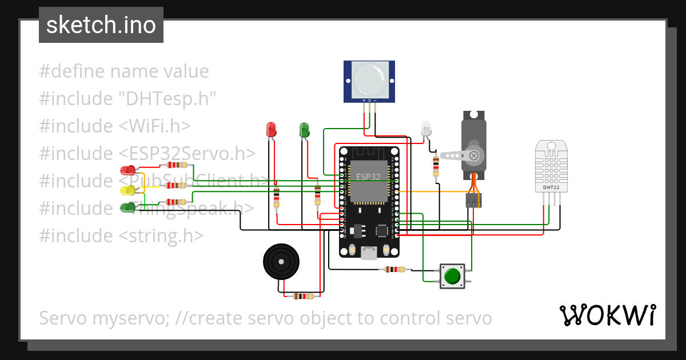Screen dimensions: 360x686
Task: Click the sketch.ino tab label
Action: coord(101,25)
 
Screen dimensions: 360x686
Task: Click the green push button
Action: coord(452,275)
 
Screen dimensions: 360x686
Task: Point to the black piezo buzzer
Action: coord(281,261)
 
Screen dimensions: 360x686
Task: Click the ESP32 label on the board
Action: coord(368,177)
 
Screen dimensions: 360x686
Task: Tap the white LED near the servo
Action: coord(425,129)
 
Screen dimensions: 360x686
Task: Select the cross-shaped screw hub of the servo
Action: coord(473,155)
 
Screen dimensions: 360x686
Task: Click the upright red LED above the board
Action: coord(271,130)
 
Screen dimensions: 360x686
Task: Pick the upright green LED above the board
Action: coord(304,130)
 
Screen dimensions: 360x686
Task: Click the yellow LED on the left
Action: coord(128,190)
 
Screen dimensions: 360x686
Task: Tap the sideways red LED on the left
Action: coord(128,170)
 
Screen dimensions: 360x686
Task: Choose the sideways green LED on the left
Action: coord(128,207)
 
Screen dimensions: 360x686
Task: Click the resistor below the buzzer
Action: coord(303,296)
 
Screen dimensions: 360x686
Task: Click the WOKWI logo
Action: coord(607,315)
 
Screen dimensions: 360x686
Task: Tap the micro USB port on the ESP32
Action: coord(369,253)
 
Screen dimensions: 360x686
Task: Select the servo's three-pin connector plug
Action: coord(473,200)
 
